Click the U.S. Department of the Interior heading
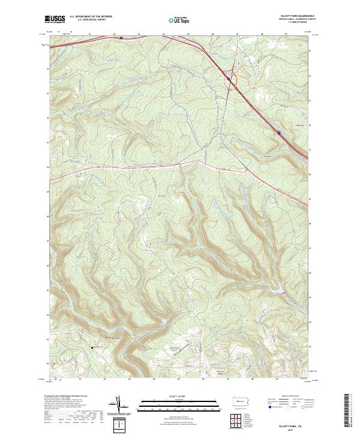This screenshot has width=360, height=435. coord(90,17)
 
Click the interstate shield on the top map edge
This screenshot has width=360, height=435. coord(121,38)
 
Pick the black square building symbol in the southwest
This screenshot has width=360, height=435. coord(92,346)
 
